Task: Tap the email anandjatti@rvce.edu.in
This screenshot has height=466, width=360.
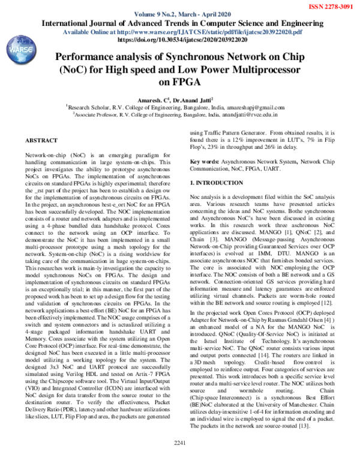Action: [254, 112]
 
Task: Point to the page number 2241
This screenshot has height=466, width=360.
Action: [180, 459]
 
